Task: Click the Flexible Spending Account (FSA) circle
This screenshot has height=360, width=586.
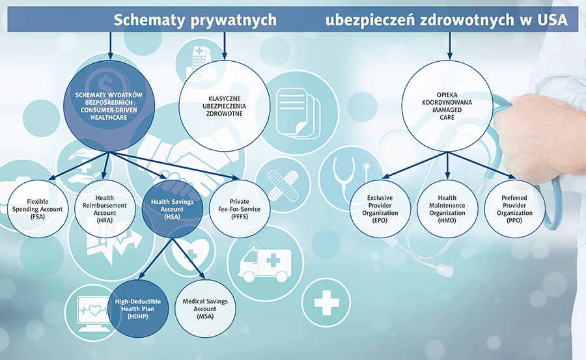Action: pyautogui.click(x=37, y=209)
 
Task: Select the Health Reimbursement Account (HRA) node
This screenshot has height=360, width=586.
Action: pyautogui.click(x=105, y=209)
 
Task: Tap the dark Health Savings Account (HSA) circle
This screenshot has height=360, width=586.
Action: pyautogui.click(x=172, y=209)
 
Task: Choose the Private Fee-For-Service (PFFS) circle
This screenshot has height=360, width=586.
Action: pyautogui.click(x=240, y=209)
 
